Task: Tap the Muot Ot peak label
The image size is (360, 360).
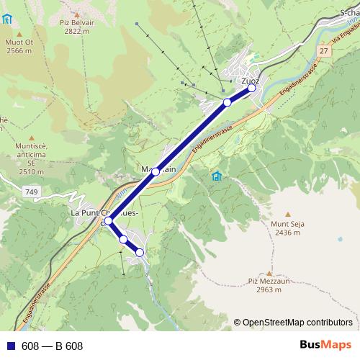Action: (x=19, y=42)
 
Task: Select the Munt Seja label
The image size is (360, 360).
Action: (x=287, y=224)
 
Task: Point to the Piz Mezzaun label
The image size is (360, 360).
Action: (x=268, y=282)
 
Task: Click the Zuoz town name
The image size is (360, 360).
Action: (x=250, y=81)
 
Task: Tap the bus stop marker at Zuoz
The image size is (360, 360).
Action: (x=251, y=89)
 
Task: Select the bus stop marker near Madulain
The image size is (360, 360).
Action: (x=156, y=171)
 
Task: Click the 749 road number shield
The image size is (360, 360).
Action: (x=30, y=192)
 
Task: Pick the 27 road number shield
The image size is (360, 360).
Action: (x=325, y=51)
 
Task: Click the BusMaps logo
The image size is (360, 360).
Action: (x=323, y=346)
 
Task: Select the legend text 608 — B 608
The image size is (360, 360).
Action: (x=53, y=346)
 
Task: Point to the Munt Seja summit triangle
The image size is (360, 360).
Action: (x=287, y=214)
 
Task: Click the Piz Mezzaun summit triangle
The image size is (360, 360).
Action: (x=269, y=273)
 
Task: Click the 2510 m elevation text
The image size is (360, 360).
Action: (x=32, y=172)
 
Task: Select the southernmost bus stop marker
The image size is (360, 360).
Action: (x=140, y=252)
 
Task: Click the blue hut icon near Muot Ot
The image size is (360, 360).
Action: (x=7, y=19)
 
